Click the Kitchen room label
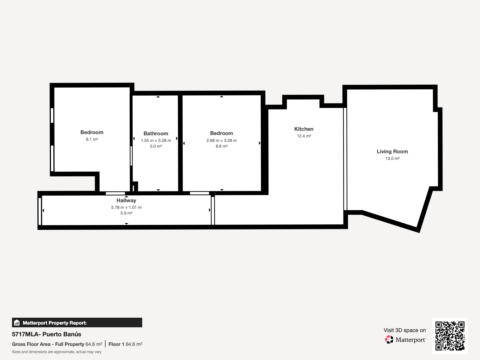coord(304,129)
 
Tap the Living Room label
coord(392,151)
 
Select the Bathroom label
coord(156,133)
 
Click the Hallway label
coord(126,200)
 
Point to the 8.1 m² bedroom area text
coord(92,139)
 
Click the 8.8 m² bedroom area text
coord(221,146)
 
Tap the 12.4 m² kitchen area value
coord(304,136)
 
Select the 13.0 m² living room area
coord(392,158)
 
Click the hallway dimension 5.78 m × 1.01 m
coord(126,207)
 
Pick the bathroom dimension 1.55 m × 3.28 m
coord(156,140)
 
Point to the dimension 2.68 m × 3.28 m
coord(221,140)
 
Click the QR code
coord(450,336)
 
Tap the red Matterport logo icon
coord(389,340)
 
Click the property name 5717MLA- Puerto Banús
coord(46,334)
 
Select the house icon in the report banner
coord(17,322)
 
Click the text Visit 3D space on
coord(405,330)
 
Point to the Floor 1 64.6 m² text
coord(125,344)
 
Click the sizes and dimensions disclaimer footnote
coord(57,352)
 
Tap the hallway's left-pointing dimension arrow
coord(43,210)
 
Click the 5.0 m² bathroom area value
coord(156,146)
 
